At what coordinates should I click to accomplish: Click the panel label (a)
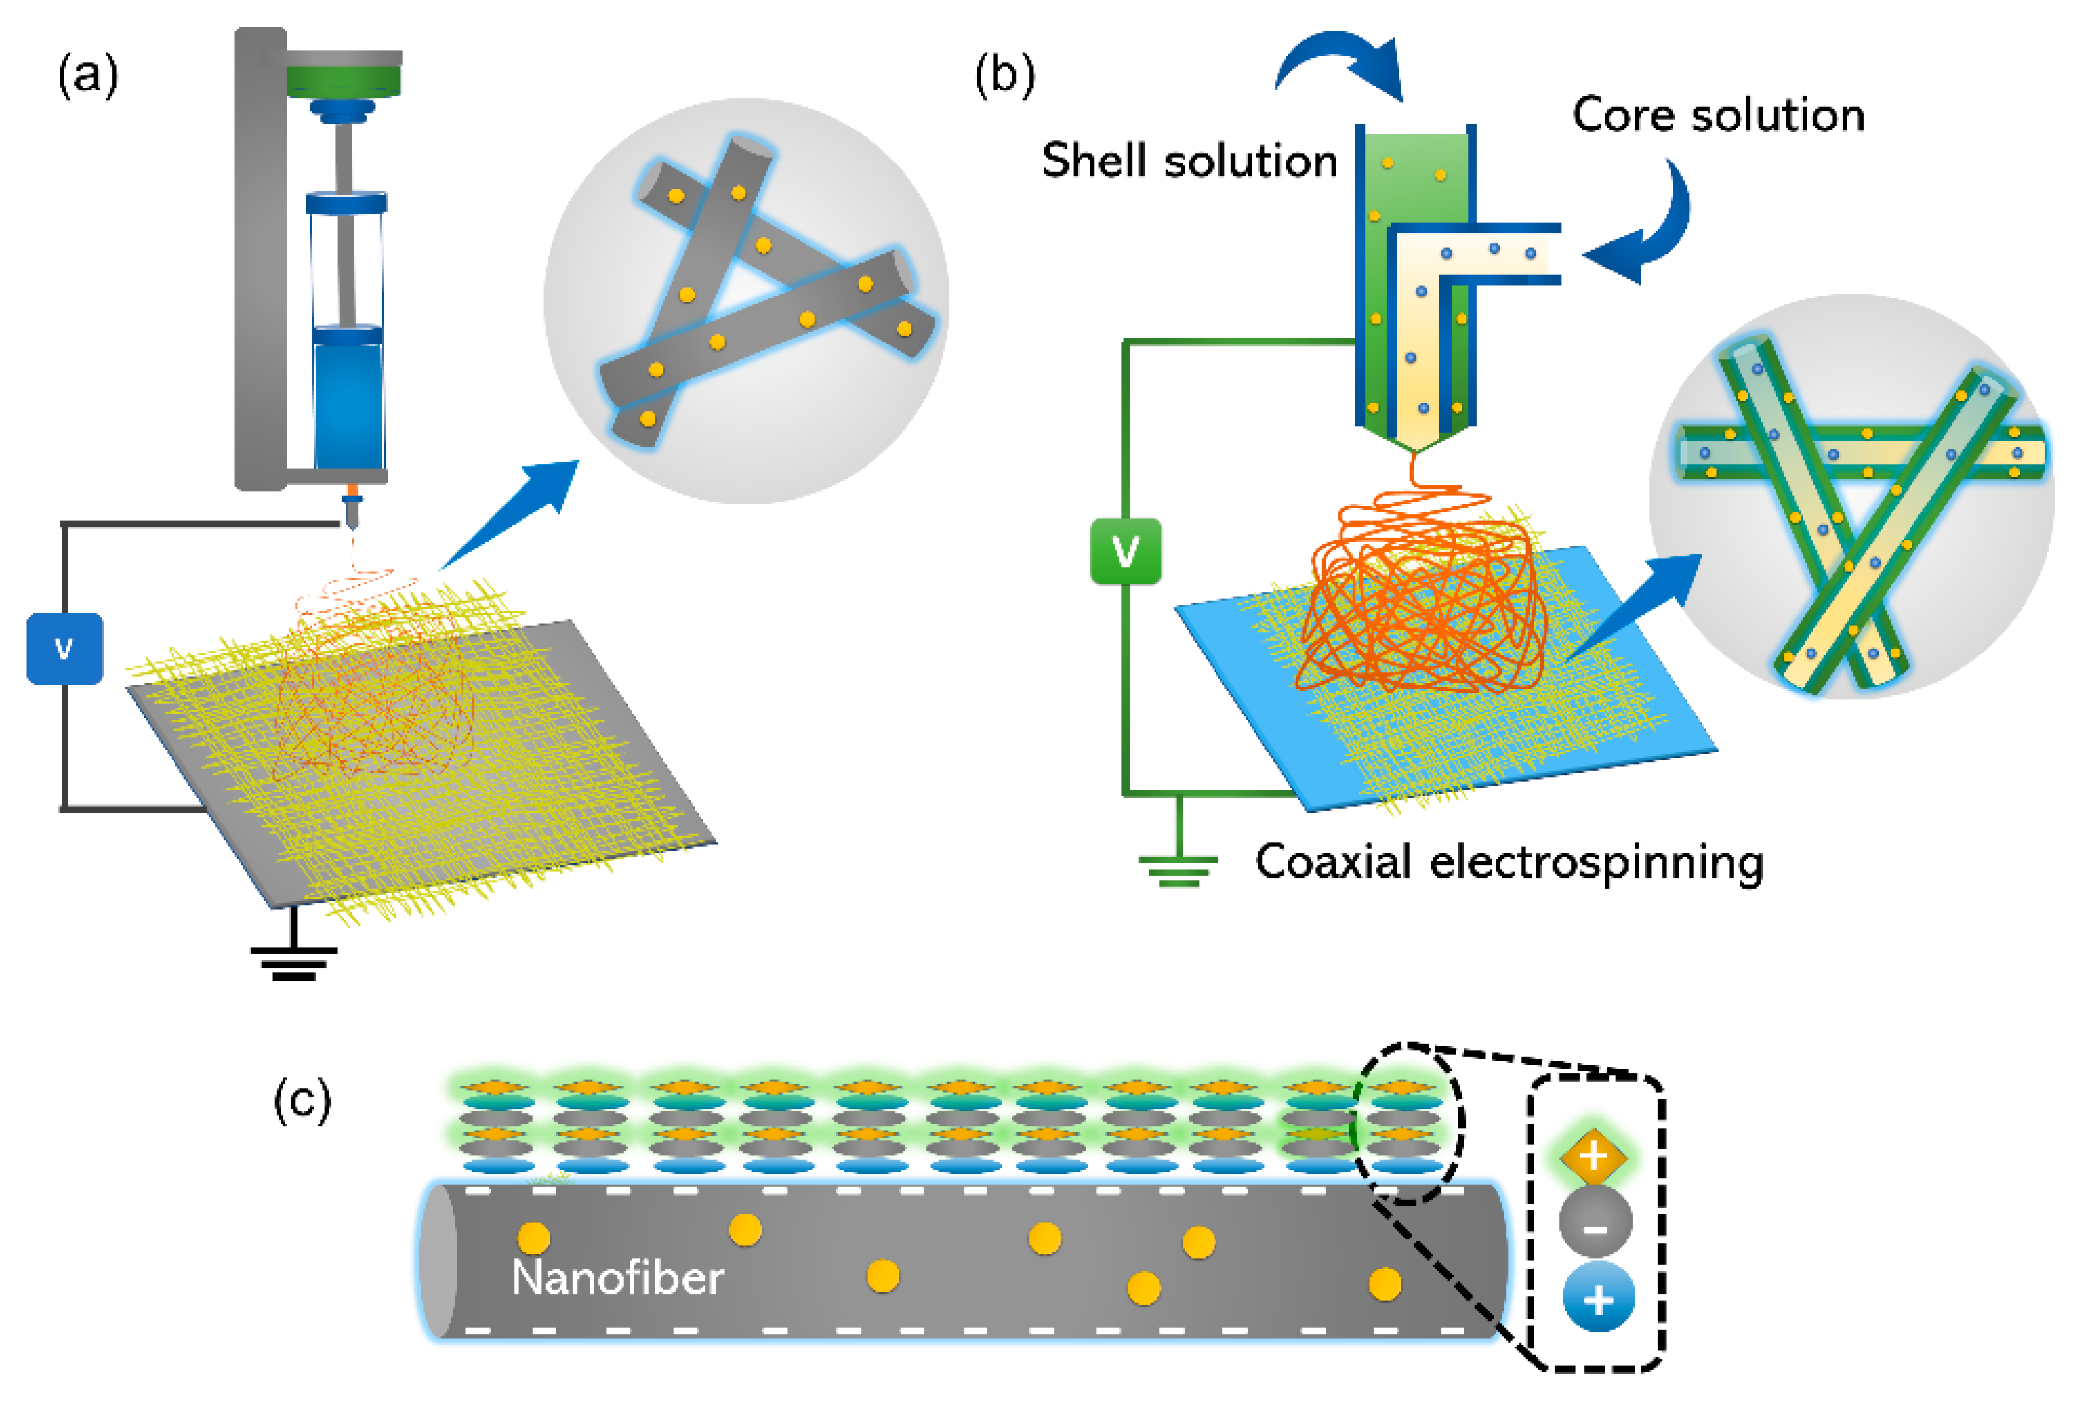click(88, 75)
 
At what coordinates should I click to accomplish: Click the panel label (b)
click(1004, 75)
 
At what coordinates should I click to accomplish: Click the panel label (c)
click(302, 1100)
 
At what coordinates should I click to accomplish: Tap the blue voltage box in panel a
click(64, 648)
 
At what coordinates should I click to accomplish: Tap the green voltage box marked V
click(1125, 551)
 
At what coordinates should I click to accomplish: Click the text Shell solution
click(1189, 162)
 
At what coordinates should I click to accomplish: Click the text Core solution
click(1718, 115)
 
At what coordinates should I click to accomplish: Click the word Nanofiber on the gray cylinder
click(617, 1277)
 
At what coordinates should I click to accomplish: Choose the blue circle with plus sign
click(1598, 1298)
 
